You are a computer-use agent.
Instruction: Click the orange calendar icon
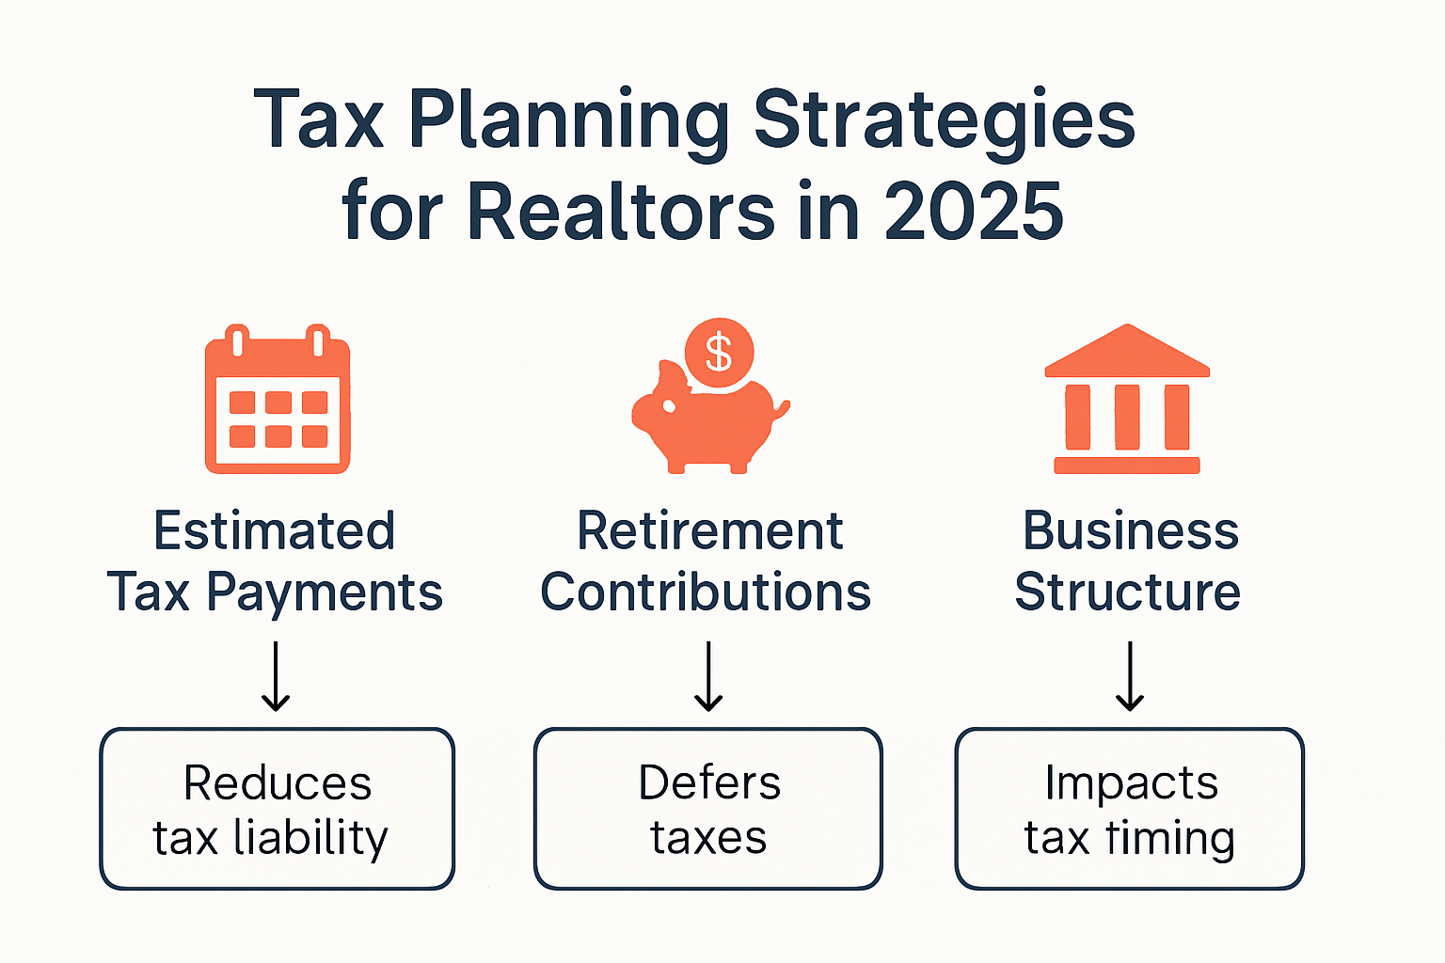tap(278, 400)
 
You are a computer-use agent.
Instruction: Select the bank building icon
tap(1127, 400)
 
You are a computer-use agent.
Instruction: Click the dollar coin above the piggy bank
tap(719, 353)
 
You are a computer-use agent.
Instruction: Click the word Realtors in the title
tap(621, 211)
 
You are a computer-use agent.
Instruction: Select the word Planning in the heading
tap(568, 120)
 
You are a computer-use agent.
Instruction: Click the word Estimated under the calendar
tap(274, 531)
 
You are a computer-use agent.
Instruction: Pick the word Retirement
tap(709, 531)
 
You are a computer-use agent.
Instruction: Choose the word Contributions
tap(706, 592)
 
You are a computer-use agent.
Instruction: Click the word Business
tap(1130, 531)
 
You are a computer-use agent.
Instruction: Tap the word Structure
tap(1127, 592)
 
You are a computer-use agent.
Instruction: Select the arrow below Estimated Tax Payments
tap(276, 676)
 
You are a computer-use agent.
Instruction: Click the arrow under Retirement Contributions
tap(708, 676)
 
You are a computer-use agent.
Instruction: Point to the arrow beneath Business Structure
tap(1129, 676)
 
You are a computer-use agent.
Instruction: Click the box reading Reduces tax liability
tap(277, 809)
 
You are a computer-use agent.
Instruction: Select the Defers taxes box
tap(707, 809)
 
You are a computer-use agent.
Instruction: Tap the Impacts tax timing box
tap(1129, 809)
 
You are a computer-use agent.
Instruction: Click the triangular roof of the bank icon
tap(1127, 352)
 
